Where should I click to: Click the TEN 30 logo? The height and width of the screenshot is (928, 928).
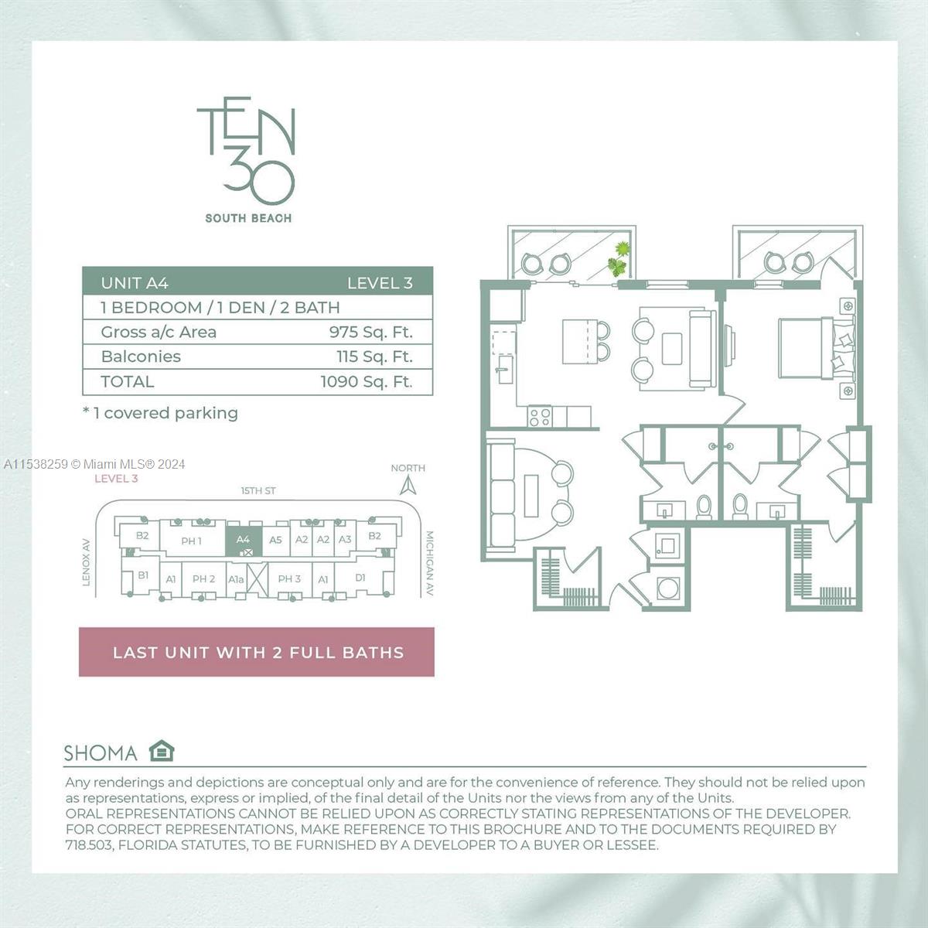pos(246,151)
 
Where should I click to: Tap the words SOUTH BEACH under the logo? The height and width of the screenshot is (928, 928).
pos(248,219)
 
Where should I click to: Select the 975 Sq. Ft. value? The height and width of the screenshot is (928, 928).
pos(370,332)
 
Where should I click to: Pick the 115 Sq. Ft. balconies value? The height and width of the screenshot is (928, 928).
pos(374,357)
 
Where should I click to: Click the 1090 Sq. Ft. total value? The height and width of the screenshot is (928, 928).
pos(367,381)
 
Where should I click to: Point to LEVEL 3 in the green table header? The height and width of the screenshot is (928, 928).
pos(380,283)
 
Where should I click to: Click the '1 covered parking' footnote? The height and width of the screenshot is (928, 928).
pos(160,413)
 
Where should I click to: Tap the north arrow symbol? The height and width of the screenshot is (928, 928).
pos(408,486)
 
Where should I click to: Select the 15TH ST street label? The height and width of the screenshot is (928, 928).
pos(258,491)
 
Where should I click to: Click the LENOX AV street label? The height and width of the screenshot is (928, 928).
pos(87,561)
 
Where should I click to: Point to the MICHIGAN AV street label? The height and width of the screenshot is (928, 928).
pos(429,563)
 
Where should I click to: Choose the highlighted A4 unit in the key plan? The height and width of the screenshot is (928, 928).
pos(243,541)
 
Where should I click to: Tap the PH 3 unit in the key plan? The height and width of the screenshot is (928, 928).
pos(289,578)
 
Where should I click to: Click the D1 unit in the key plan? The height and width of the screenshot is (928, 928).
pos(360,578)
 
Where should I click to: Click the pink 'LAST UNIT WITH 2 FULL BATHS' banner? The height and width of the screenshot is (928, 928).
pos(257,652)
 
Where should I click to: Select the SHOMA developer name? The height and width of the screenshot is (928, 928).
pos(101,753)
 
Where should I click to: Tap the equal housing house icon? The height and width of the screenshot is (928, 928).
pos(162,751)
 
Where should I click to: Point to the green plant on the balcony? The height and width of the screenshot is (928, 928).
pos(619,259)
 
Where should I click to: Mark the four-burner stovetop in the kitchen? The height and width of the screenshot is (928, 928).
pos(540,417)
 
